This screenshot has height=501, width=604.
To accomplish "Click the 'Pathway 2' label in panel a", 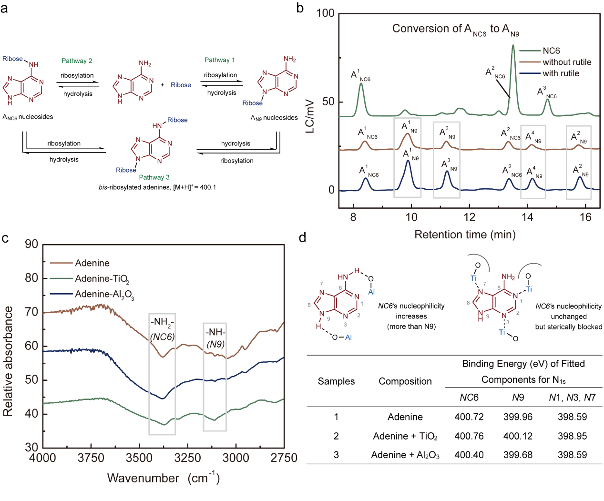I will pos(77,61).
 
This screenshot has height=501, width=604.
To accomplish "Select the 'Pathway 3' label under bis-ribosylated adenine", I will pos(154,177).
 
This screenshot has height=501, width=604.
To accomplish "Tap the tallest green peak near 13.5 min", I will pos(513,46).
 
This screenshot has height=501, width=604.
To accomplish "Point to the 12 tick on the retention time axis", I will pos(469,217).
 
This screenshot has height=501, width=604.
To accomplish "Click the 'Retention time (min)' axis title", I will pos(465,235).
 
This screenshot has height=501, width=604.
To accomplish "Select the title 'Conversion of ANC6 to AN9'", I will pos(455,29).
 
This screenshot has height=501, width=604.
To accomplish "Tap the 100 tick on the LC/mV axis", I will pos(326,13).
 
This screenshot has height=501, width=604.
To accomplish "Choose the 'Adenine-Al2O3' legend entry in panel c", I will pos(104,295).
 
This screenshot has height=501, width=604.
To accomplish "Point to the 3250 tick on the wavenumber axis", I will pos(187,458).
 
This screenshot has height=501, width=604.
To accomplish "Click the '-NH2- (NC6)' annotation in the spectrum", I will pos(162,329).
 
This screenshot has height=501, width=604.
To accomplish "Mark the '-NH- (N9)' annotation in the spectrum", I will pos(215,338).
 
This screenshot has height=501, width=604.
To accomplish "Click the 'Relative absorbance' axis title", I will pos(8,361).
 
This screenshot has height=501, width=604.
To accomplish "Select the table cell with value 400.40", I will pos(469,455).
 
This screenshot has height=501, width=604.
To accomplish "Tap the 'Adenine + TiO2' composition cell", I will pos(405,436).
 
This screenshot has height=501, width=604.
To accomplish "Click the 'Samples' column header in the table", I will pos(336,381).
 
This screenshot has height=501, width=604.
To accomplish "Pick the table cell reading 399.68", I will pos(518,455).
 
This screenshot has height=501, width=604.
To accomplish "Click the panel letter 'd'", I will pos(302,237).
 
